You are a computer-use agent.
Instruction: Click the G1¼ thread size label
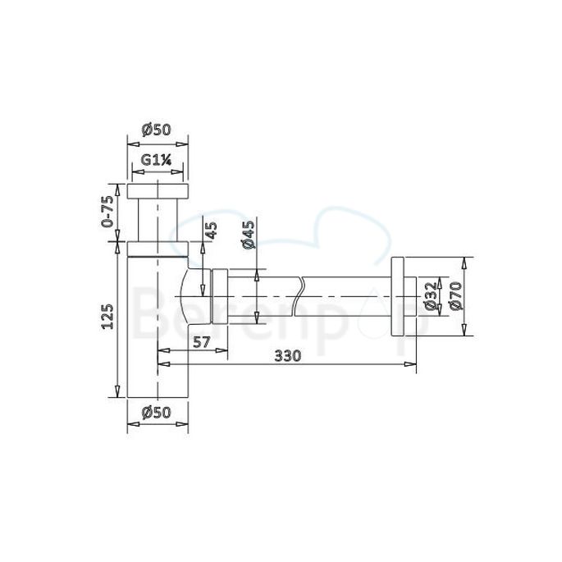(x=155, y=161)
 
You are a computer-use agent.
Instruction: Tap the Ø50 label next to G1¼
(x=155, y=129)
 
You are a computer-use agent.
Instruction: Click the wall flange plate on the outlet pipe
(x=400, y=296)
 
